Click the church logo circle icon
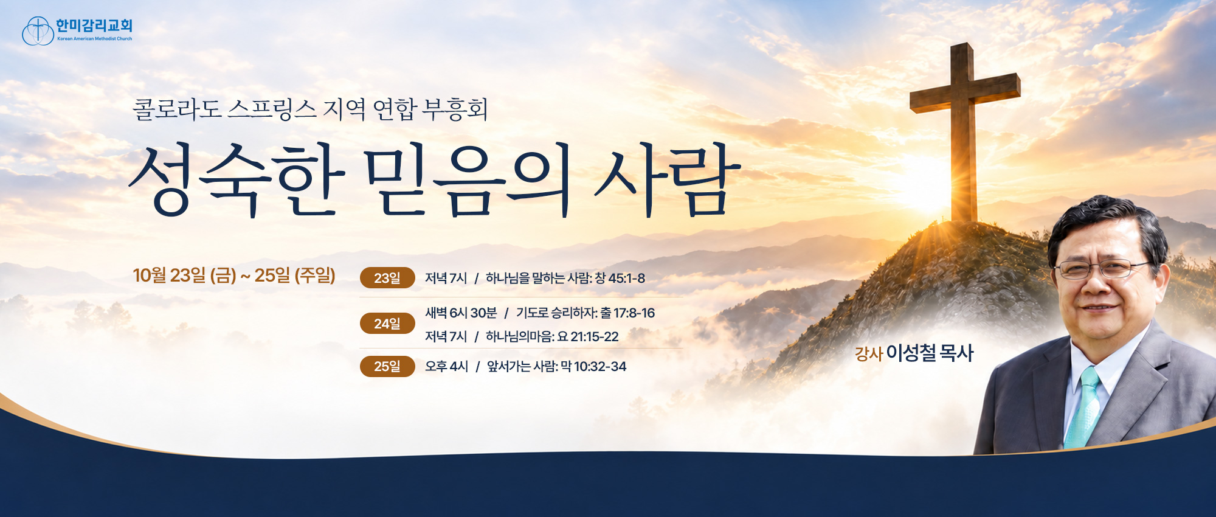(38, 31)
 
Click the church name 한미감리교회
(94, 26)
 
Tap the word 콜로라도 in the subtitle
(176, 109)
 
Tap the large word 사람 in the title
(668, 179)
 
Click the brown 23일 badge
(387, 278)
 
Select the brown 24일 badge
(387, 324)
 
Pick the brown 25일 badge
(387, 366)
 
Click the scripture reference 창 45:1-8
(620, 278)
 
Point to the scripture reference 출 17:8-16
(627, 313)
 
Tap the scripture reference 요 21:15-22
(588, 336)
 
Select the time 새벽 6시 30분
(461, 313)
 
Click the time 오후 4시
(446, 366)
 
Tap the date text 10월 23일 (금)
(184, 276)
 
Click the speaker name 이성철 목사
(930, 353)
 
